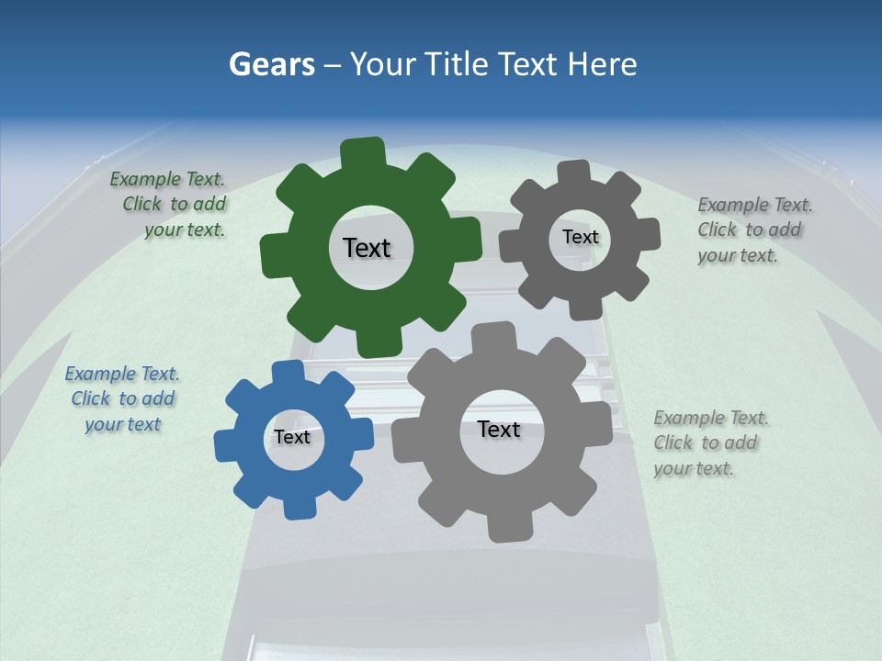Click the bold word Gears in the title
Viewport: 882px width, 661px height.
pyautogui.click(x=271, y=64)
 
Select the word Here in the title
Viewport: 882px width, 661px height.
pyautogui.click(x=603, y=64)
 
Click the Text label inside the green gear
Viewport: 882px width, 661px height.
pyautogui.click(x=367, y=248)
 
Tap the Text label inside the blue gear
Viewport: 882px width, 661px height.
pyautogui.click(x=292, y=437)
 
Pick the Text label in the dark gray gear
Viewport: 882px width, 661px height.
pyautogui.click(x=580, y=237)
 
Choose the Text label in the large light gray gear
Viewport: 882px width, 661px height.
pyautogui.click(x=498, y=429)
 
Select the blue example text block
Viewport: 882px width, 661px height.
pyautogui.click(x=123, y=399)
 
